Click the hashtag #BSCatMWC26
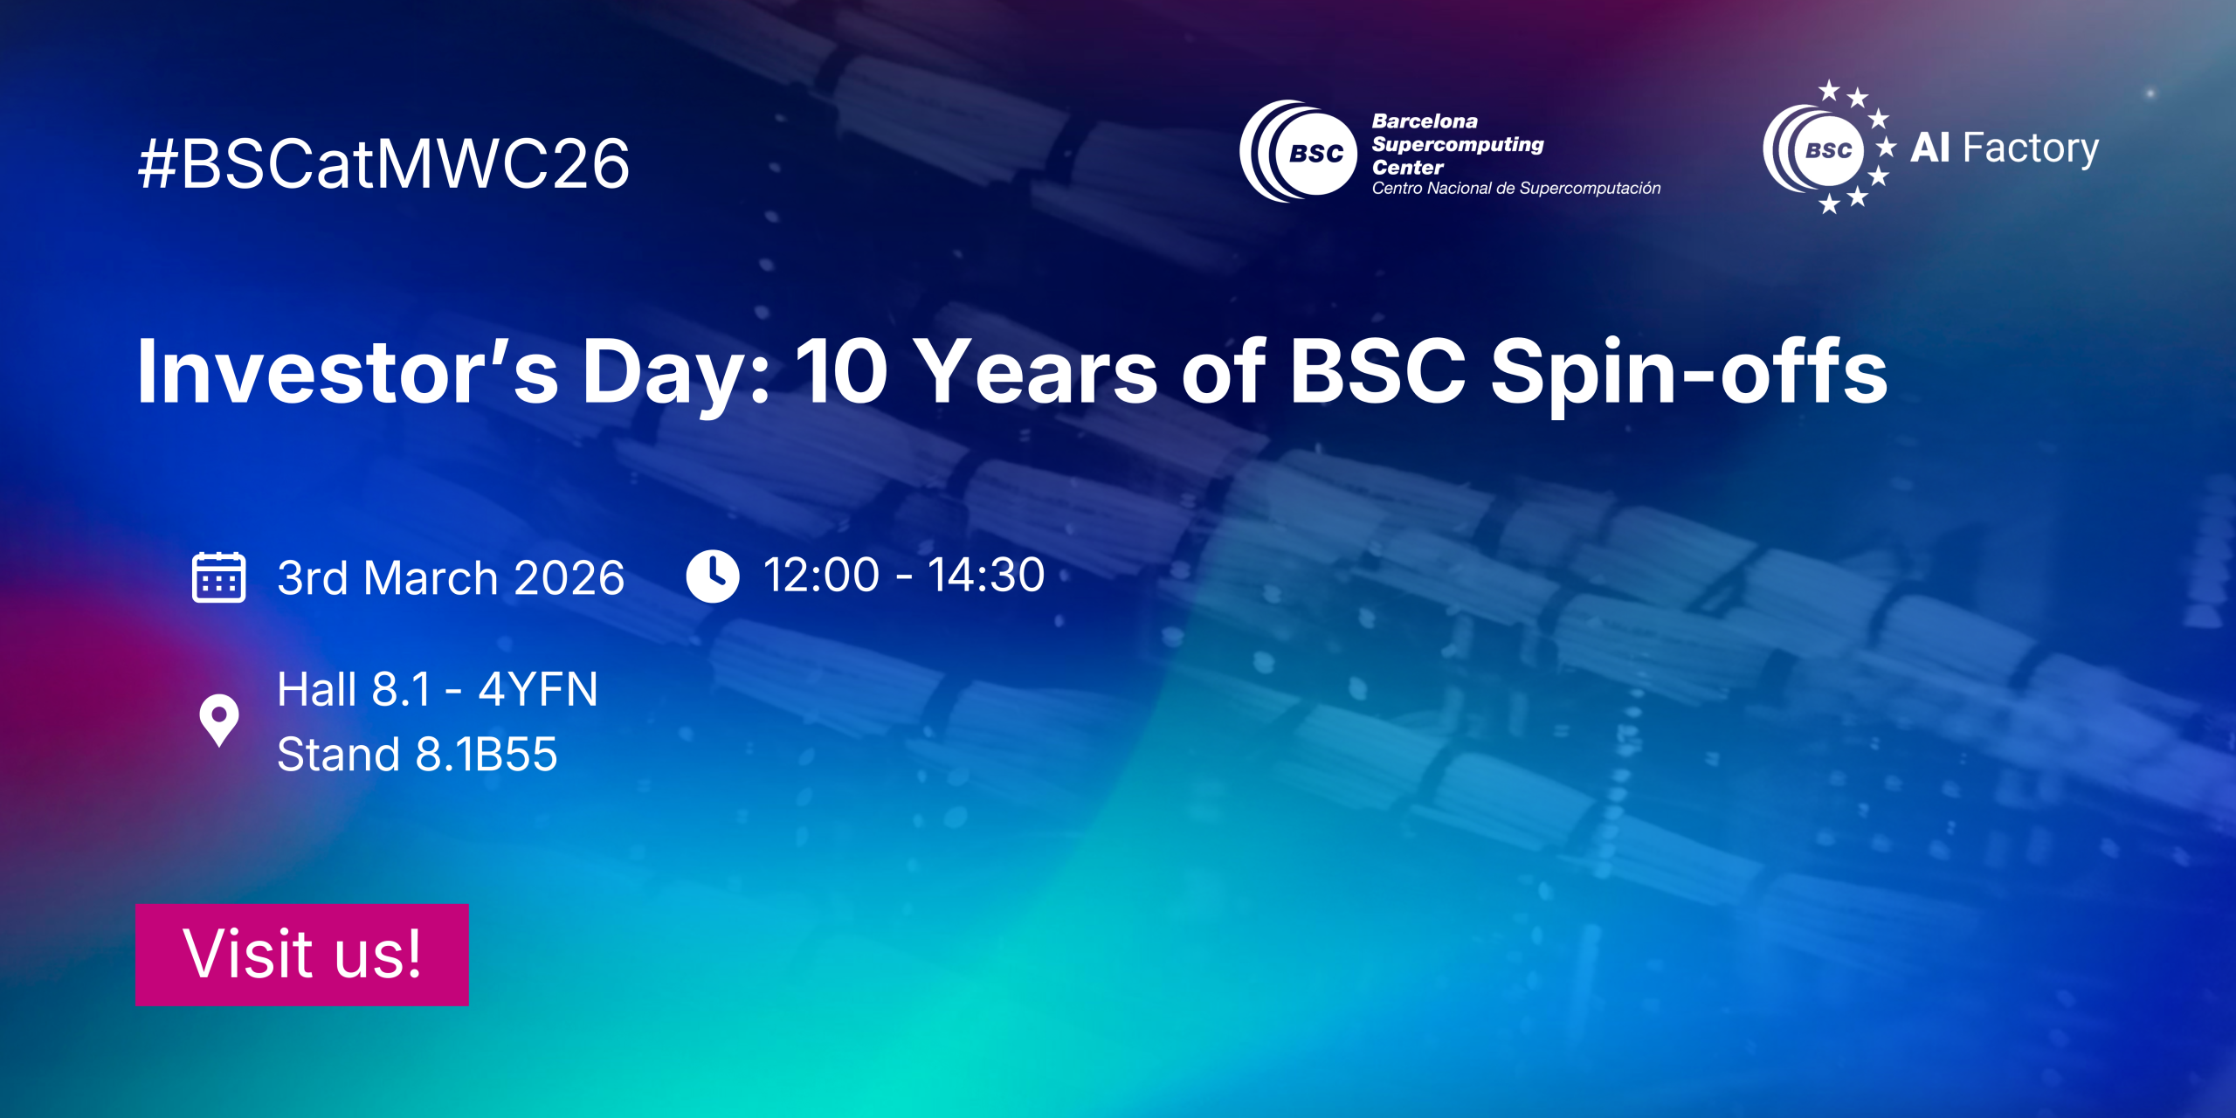[x=383, y=164]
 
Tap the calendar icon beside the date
[x=218, y=577]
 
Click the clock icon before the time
[x=713, y=576]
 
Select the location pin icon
[x=219, y=720]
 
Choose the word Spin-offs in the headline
[x=1688, y=372]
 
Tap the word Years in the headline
[x=1039, y=372]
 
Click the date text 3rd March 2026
[x=451, y=578]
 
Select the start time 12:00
[x=821, y=576]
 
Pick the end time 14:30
[x=986, y=576]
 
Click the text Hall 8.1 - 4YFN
[x=438, y=690]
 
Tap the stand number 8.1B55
[x=487, y=755]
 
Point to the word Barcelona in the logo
[x=1425, y=121]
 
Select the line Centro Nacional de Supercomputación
[x=1516, y=189]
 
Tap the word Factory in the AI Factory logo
[x=2031, y=148]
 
